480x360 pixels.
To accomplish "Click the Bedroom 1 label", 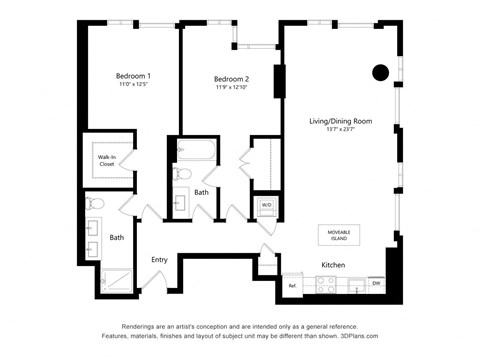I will click(133, 76).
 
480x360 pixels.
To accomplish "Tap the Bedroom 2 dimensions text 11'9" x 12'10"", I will click(231, 88).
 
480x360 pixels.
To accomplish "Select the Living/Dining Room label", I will click(340, 121).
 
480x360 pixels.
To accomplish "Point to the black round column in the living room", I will click(381, 72).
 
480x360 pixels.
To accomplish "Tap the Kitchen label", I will click(333, 265).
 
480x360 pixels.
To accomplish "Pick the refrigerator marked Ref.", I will click(294, 285).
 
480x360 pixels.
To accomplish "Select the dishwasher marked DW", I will click(374, 284).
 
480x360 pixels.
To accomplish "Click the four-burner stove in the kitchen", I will click(326, 284).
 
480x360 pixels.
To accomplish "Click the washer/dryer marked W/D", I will click(266, 205).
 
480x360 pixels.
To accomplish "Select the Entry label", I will click(159, 259).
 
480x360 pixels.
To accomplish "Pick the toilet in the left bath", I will click(95, 204).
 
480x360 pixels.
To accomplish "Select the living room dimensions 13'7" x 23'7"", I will click(340, 131).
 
